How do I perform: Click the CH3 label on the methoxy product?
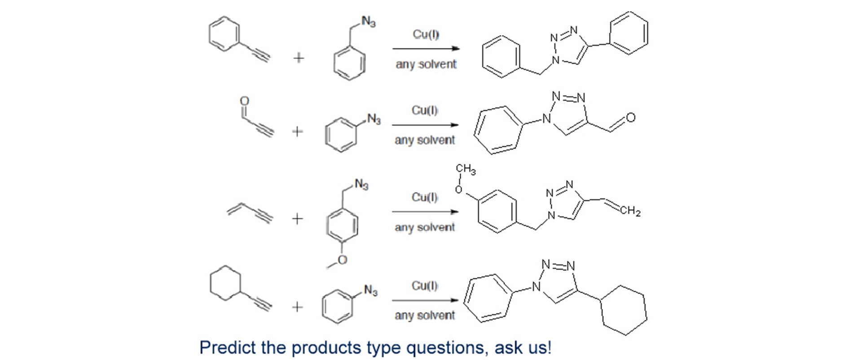point(466,170)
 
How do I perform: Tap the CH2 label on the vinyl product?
point(631,211)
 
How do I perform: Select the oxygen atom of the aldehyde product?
point(630,118)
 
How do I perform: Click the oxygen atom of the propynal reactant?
point(244,100)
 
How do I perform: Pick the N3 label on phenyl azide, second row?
point(374,119)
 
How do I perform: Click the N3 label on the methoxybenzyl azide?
point(361,184)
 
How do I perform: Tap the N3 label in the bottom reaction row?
point(371,290)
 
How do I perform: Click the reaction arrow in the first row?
point(426,48)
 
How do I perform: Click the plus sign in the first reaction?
point(299,58)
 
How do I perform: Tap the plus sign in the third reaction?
point(297,219)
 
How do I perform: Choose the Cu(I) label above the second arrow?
point(425,110)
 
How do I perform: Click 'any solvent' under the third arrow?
point(425,228)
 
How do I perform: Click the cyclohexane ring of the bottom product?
point(624,310)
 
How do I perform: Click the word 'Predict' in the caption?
point(227,347)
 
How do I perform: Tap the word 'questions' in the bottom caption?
point(446,347)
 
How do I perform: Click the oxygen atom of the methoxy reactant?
point(343,260)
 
